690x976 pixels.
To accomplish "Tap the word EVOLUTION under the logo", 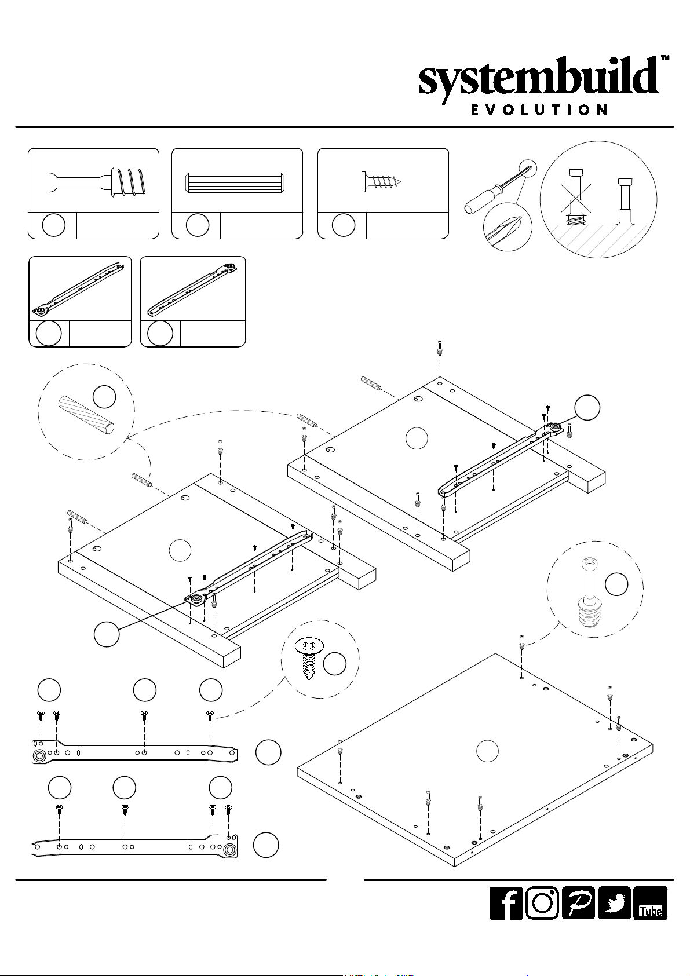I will point(539,109).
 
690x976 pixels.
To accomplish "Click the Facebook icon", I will point(506,903).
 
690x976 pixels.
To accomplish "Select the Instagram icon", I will point(542,903).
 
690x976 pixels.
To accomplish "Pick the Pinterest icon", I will point(578,903).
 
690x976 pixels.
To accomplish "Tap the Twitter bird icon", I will point(614,903).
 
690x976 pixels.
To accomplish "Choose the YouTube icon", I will point(650,903).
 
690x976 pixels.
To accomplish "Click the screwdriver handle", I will point(479,199).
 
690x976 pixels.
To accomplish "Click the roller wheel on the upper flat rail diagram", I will point(41,756).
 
